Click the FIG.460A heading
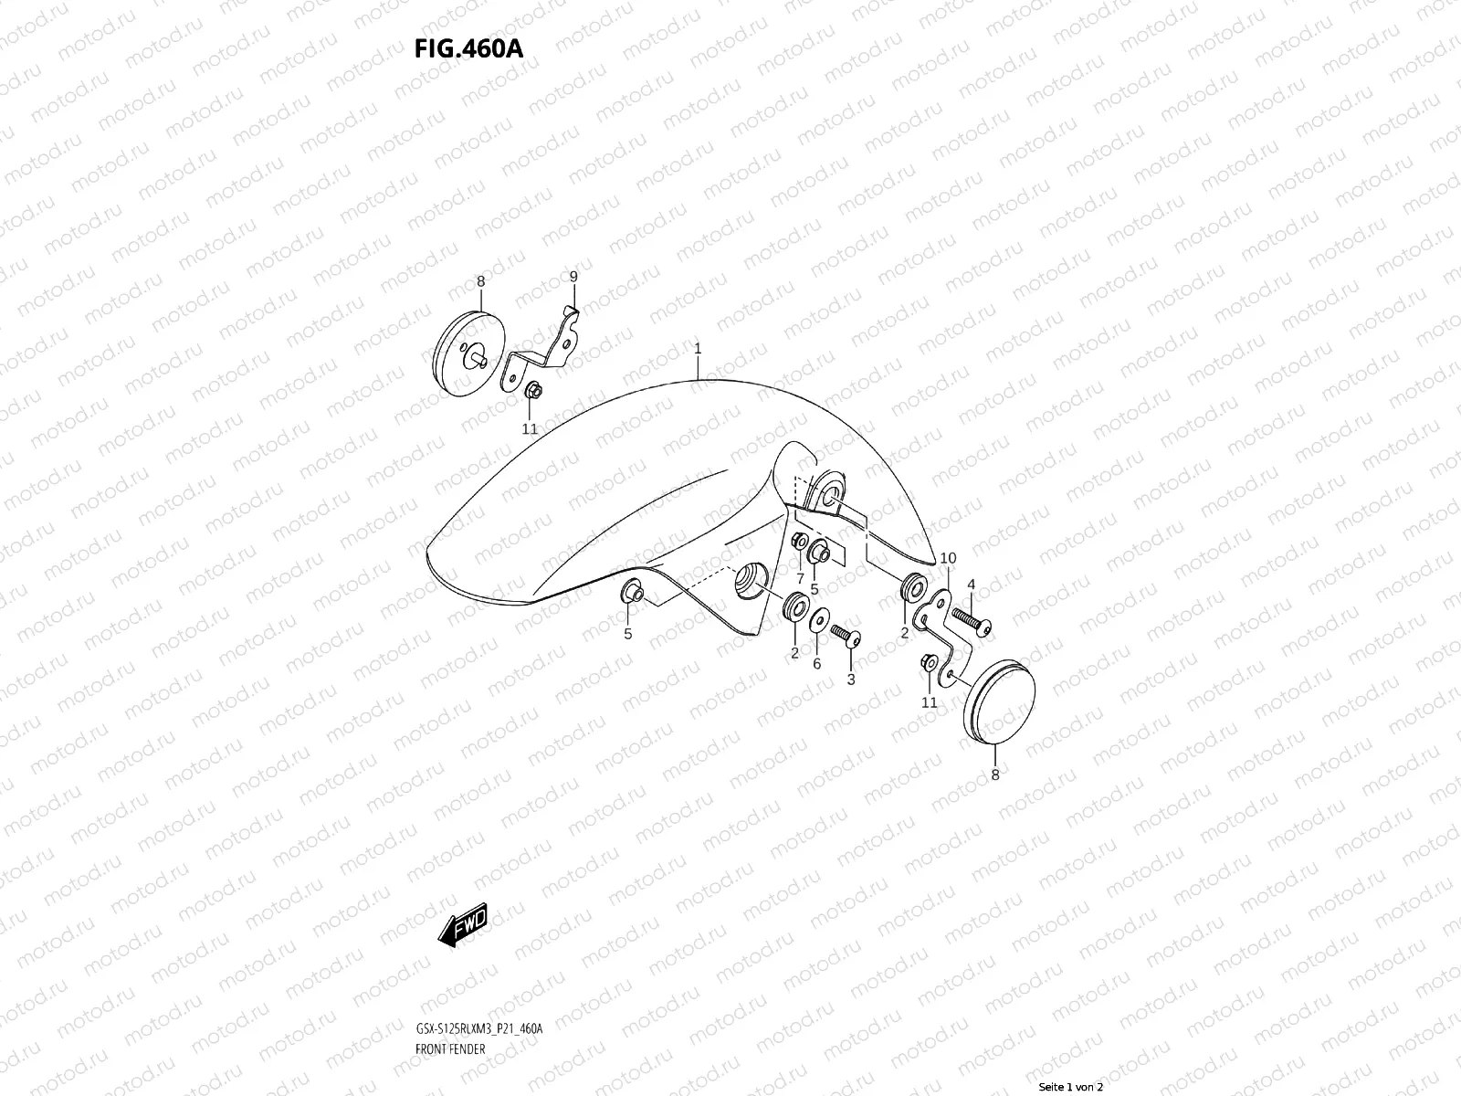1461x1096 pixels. [469, 48]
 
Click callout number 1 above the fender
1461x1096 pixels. [698, 349]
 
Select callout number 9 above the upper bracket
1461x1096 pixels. [573, 276]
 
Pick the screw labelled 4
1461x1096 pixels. [971, 621]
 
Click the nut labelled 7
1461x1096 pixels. [797, 543]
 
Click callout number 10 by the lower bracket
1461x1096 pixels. [948, 558]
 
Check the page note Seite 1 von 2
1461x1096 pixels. [1077, 1087]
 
